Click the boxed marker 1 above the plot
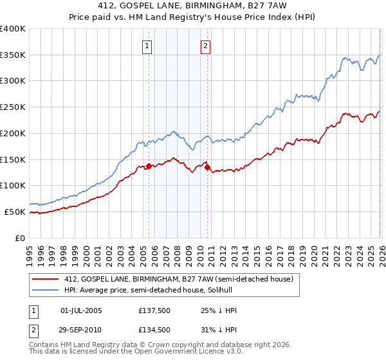point(148,46)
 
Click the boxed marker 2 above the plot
point(205,46)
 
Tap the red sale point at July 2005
point(149,166)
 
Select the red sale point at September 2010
point(208,168)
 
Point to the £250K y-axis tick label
point(13,107)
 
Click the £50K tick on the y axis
point(15,212)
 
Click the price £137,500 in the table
point(154,310)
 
